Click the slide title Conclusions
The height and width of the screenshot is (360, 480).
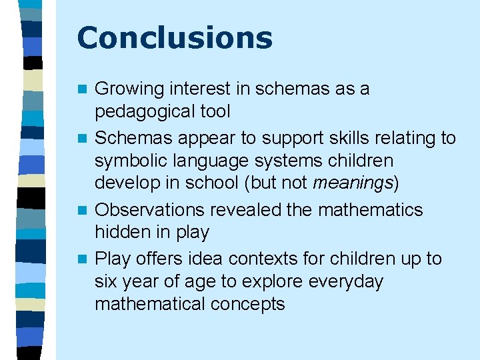click(x=175, y=38)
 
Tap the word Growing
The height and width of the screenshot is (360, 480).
click(x=129, y=89)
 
